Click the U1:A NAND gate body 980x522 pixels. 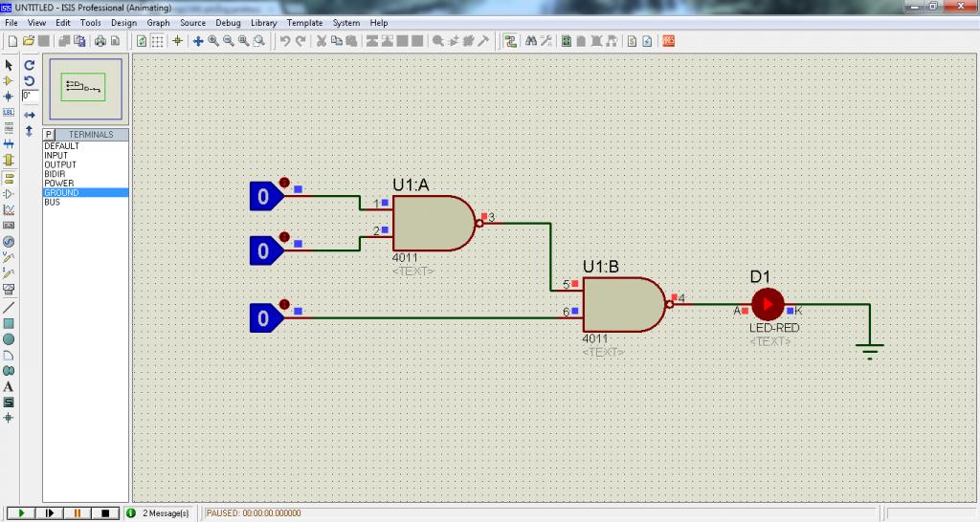tap(433, 223)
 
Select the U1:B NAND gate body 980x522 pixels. tap(622, 304)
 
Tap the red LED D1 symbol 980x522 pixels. tap(768, 304)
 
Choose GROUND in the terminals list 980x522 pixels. tap(61, 193)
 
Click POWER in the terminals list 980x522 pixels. tap(58, 184)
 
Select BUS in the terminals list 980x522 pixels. tap(52, 203)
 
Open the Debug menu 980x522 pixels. tap(228, 23)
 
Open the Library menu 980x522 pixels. tap(264, 23)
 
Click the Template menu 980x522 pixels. tap(305, 23)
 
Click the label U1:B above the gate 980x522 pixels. tap(601, 267)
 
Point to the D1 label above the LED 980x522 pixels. tap(760, 276)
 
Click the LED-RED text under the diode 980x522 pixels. tap(774, 328)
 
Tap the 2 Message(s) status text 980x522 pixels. tap(166, 513)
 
